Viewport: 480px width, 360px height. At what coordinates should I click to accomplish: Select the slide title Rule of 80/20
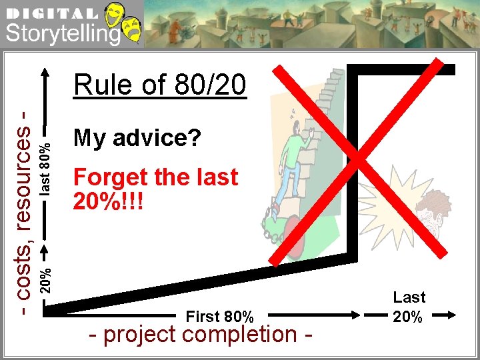click(x=160, y=85)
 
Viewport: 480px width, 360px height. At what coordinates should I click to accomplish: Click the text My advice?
click(x=137, y=138)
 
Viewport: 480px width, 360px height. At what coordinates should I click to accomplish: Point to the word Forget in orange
click(x=110, y=177)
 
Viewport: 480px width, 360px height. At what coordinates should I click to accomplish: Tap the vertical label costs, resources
click(x=25, y=213)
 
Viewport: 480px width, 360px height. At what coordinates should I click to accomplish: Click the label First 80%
click(x=219, y=315)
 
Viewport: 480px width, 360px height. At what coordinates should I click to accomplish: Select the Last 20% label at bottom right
click(x=409, y=307)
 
